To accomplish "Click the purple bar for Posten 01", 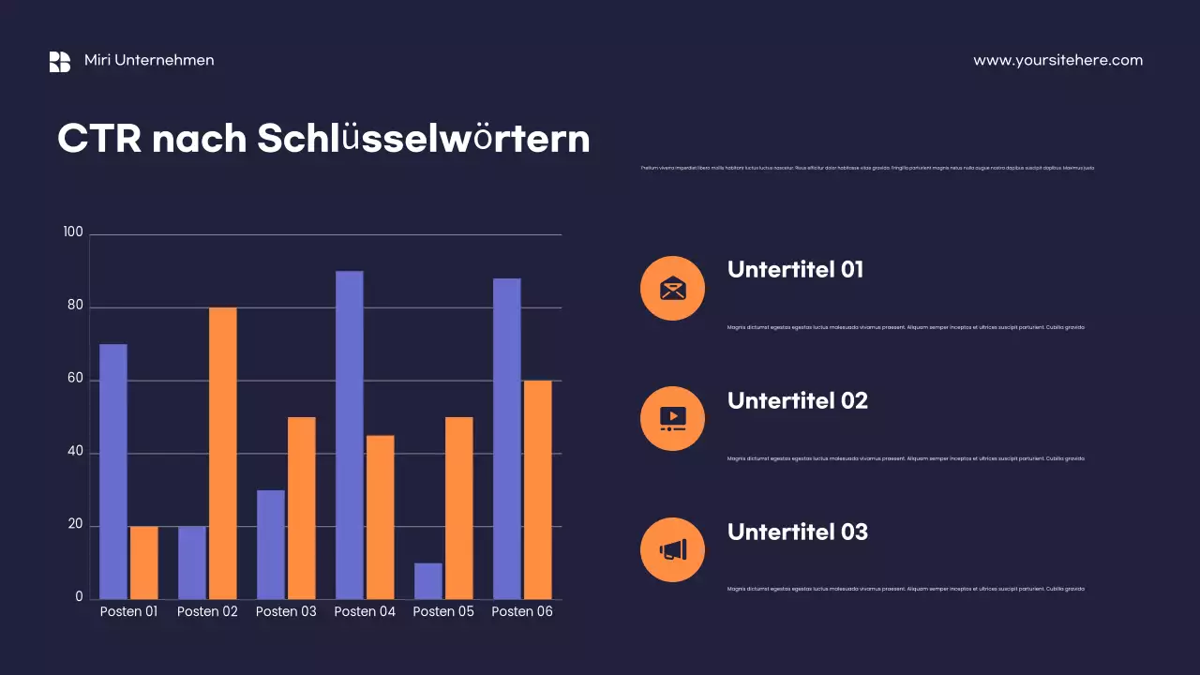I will [113, 472].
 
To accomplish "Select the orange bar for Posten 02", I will [223, 453].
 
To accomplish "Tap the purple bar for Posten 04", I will [350, 435].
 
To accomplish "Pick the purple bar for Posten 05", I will [428, 580].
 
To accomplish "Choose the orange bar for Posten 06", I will [538, 489].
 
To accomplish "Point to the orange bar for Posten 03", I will [302, 508].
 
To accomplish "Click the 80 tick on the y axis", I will [74, 306].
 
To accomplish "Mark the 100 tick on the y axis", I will [72, 232].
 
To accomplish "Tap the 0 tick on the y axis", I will [79, 597].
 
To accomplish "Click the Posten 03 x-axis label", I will [286, 611].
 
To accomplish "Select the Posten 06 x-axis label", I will [522, 611].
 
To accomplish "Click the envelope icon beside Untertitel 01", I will [672, 288].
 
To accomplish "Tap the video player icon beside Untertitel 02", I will [672, 418].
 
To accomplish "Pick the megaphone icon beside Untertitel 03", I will [672, 549].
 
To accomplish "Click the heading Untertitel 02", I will [797, 400].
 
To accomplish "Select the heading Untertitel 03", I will [797, 532].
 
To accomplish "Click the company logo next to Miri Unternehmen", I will [60, 61].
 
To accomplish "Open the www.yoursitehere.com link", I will [1057, 60].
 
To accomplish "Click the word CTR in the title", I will [99, 139].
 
